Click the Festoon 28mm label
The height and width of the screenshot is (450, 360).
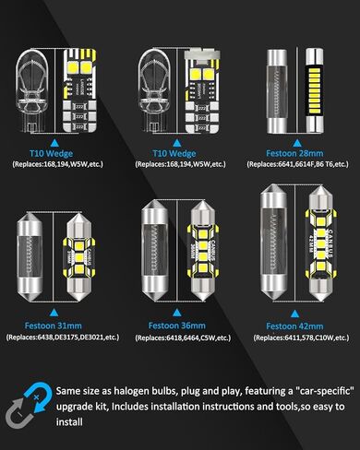[294, 150]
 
